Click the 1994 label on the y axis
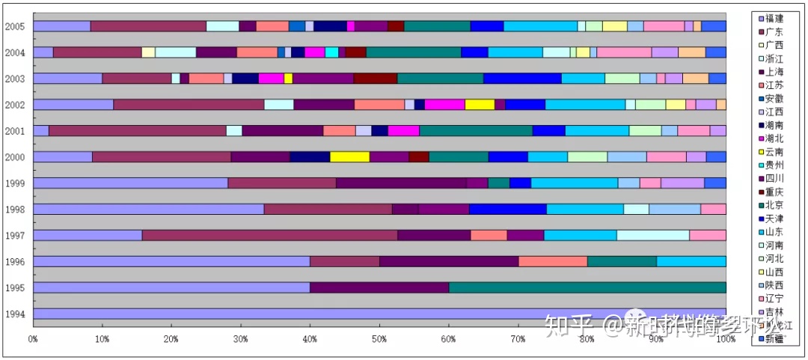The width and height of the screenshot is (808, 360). click(x=15, y=314)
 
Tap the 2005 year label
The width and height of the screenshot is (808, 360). click(x=15, y=27)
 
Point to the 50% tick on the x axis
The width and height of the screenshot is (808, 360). click(x=379, y=339)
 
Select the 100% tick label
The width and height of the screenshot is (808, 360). click(x=724, y=339)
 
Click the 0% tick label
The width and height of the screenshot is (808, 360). click(x=34, y=339)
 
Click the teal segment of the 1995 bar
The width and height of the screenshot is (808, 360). click(x=587, y=287)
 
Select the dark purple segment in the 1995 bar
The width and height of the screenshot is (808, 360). click(x=379, y=287)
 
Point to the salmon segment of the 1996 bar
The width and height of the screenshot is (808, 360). click(x=553, y=261)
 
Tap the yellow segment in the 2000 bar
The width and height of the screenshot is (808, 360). click(x=349, y=156)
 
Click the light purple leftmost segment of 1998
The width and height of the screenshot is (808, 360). click(x=149, y=209)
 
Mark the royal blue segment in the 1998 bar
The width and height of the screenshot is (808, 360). click(x=507, y=209)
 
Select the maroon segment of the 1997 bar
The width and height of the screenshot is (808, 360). click(x=269, y=235)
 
